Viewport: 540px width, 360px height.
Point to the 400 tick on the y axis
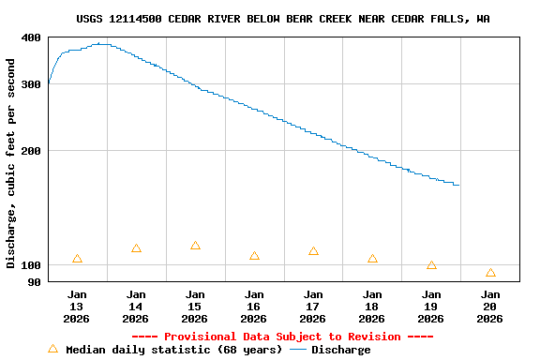(31, 37)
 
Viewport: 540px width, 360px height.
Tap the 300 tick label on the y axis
(31, 84)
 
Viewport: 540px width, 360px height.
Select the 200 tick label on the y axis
(31, 151)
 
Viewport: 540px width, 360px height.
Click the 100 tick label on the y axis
(31, 264)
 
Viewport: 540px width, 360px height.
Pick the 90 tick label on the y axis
(34, 281)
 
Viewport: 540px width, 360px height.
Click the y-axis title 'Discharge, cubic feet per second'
(11, 163)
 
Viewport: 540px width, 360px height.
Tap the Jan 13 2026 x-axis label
(77, 306)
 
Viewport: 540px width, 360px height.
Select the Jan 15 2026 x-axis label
(195, 306)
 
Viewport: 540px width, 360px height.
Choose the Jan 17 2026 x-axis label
(313, 306)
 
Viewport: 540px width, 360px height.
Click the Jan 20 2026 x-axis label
(489, 306)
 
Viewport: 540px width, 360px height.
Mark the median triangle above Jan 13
(77, 259)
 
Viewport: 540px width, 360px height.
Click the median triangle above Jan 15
(195, 246)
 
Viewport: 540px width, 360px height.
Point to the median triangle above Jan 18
(372, 259)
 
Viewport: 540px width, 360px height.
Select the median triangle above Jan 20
(490, 273)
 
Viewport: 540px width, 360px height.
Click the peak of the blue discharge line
(101, 43)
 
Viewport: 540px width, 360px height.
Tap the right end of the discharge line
(457, 185)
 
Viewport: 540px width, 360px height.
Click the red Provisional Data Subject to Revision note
(282, 337)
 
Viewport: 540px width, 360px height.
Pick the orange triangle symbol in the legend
(52, 349)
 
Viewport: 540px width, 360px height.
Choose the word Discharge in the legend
(340, 350)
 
